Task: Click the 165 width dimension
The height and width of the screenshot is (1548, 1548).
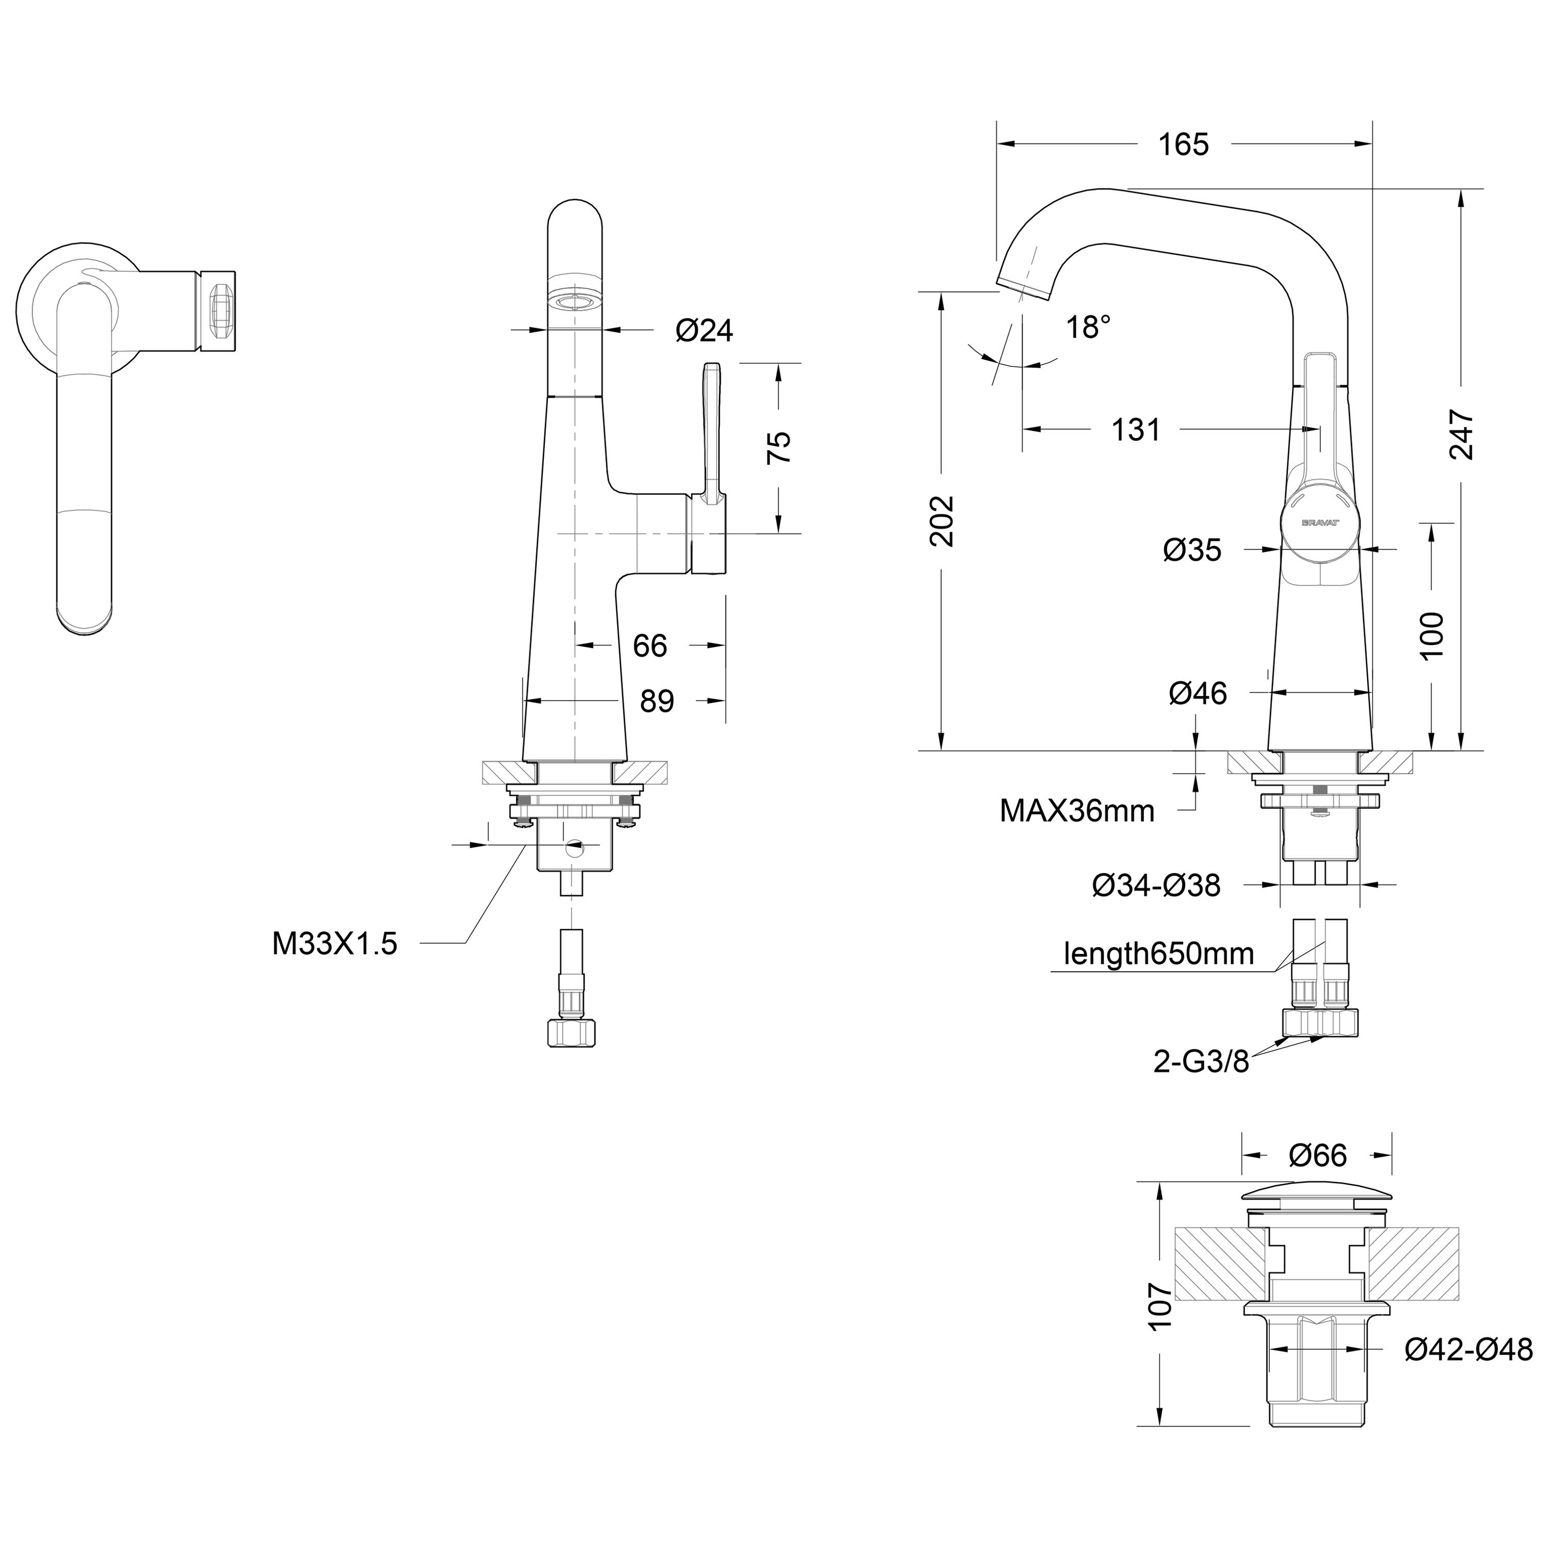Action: pos(1183,145)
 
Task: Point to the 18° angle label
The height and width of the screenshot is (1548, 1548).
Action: pos(1088,328)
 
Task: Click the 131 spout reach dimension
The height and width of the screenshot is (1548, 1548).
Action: pos(1136,430)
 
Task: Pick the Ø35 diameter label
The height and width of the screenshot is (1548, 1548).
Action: pos(1192,550)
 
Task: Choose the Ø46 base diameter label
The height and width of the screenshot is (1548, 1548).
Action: pos(1198,693)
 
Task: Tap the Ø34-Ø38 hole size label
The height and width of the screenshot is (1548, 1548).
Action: pos(1156,885)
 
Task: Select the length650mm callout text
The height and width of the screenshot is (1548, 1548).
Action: pos(1158,954)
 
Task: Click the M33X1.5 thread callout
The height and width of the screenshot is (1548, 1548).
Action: pos(335,944)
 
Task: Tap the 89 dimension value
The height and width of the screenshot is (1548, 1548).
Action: pos(657,701)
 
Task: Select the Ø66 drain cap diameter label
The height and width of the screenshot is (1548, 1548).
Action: pos(1318,1155)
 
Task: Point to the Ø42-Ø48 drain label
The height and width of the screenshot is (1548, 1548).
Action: pos(1469,1349)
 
